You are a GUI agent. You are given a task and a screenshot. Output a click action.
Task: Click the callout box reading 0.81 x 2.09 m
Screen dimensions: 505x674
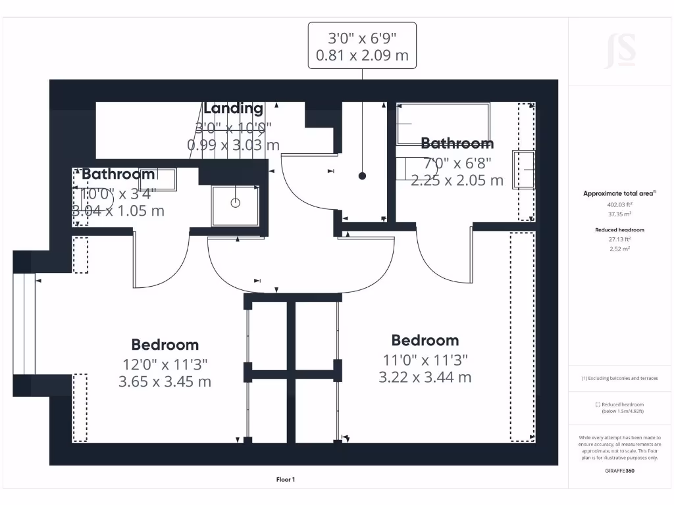[362, 45]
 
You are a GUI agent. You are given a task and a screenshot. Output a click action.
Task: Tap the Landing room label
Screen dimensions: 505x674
[233, 108]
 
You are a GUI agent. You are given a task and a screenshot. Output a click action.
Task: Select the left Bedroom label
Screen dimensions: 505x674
[165, 345]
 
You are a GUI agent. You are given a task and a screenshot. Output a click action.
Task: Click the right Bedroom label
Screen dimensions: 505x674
[425, 340]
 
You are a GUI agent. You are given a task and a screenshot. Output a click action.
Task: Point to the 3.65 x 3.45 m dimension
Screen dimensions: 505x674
[165, 381]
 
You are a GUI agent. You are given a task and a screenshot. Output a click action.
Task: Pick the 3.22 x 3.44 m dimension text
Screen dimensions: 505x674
[425, 377]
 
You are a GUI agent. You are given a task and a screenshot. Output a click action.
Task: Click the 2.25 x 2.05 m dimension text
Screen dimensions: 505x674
[457, 180]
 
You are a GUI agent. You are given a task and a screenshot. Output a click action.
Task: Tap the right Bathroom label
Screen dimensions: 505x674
[457, 143]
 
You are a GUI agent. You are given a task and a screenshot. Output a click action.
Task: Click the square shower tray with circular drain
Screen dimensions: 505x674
[236, 205]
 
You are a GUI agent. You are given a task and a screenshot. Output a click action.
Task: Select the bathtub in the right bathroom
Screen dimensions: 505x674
[442, 123]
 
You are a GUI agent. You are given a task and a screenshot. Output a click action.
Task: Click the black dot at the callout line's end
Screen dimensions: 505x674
[362, 176]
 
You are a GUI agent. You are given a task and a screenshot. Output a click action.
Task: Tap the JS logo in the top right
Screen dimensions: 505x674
[620, 51]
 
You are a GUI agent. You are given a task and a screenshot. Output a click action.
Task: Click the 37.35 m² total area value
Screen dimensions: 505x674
[619, 214]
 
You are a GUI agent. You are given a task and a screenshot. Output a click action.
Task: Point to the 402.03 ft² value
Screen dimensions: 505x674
[619, 204]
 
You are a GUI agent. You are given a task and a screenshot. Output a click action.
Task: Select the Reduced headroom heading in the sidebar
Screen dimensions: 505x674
[619, 229]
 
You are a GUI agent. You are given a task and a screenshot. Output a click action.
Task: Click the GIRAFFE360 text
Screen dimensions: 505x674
[619, 471]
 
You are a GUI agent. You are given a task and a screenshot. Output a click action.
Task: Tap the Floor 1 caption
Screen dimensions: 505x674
[285, 480]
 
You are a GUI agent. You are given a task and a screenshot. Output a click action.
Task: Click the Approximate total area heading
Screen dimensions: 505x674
[619, 193]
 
